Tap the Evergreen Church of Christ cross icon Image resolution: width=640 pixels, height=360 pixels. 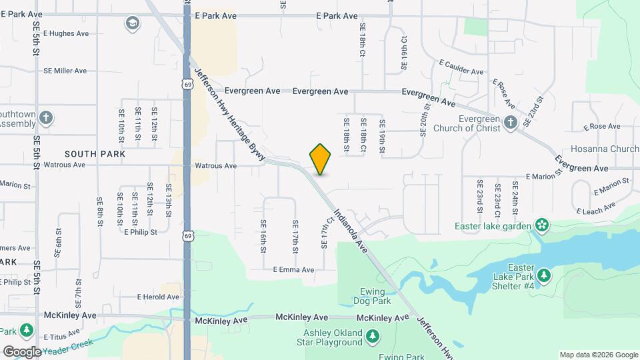tap(511, 122)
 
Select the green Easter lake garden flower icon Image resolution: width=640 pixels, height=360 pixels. tap(541, 226)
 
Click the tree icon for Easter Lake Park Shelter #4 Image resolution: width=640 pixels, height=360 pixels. tap(545, 275)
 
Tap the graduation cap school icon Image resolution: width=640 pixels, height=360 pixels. tap(133, 24)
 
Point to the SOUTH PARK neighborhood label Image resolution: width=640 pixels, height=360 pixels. tap(95, 154)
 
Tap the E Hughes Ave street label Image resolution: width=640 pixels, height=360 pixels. tap(66, 33)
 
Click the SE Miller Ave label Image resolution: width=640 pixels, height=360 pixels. tap(65, 71)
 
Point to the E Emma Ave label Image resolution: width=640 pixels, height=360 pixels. tap(293, 270)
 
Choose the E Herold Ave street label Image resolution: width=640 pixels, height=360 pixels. tap(158, 297)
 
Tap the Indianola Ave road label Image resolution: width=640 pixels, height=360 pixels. tap(351, 232)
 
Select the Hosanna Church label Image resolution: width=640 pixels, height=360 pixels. tap(605, 149)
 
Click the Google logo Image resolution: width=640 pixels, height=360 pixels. tap(22, 351)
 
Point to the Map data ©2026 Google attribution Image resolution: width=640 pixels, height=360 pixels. tap(598, 355)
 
